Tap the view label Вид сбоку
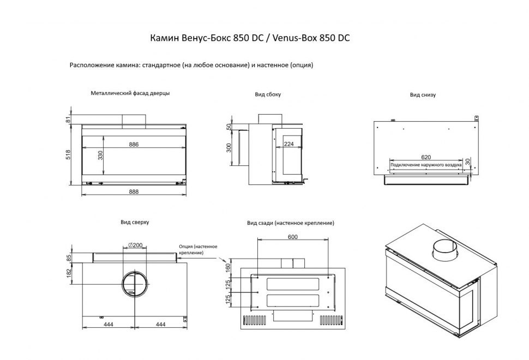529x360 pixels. pyautogui.click(x=268, y=95)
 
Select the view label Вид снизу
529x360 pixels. pyautogui.click(x=423, y=95)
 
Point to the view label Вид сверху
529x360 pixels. pyautogui.click(x=135, y=223)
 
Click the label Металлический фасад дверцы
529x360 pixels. pyautogui.click(x=130, y=93)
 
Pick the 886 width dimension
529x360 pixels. pyautogui.click(x=134, y=145)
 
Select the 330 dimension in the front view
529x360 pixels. pyautogui.click(x=101, y=155)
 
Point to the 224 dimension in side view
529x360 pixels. pyautogui.click(x=289, y=145)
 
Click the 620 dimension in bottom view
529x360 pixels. pyautogui.click(x=425, y=157)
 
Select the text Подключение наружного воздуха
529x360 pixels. pyautogui.click(x=426, y=164)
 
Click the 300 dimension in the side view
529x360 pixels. pyautogui.click(x=229, y=148)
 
